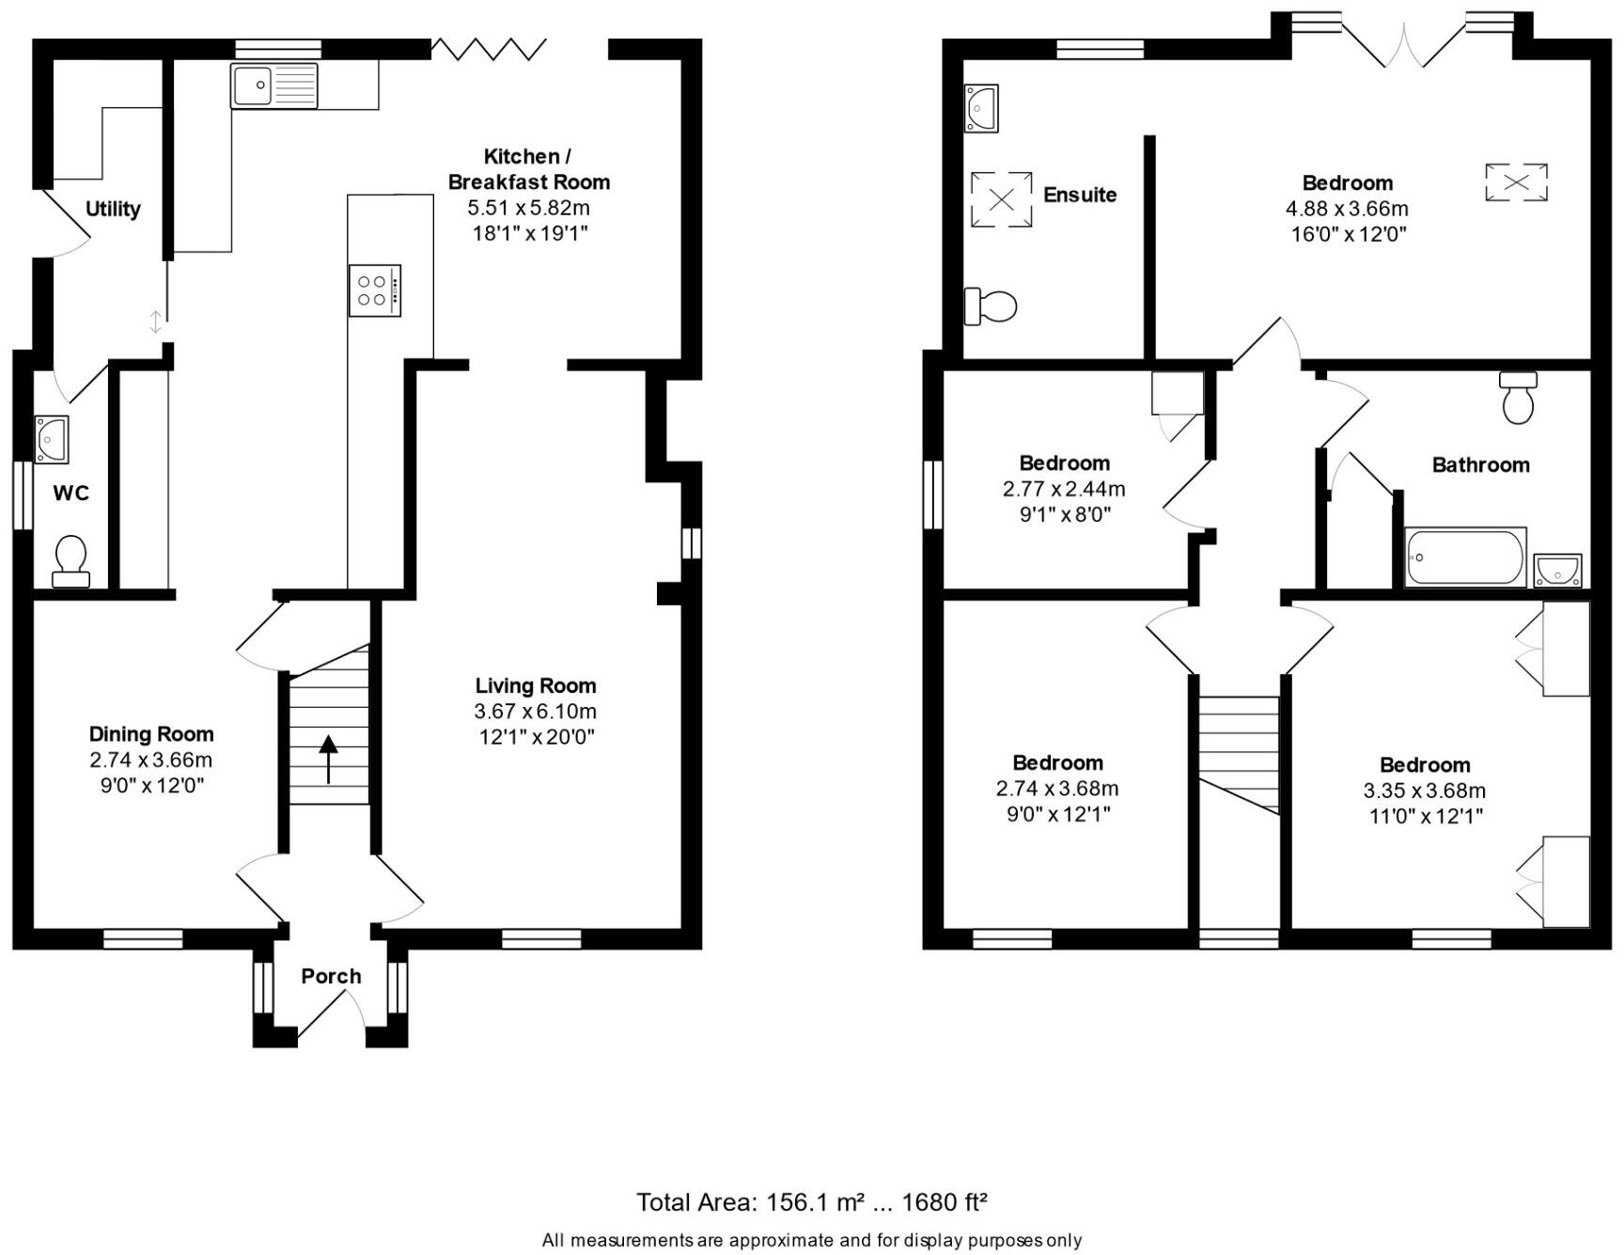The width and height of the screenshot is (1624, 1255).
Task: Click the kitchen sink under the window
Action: (274, 86)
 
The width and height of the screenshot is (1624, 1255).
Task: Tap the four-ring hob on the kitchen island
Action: (374, 290)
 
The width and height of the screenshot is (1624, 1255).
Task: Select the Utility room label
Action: (113, 209)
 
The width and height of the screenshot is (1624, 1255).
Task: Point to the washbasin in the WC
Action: (52, 439)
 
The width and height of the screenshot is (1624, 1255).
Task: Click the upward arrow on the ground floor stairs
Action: (328, 759)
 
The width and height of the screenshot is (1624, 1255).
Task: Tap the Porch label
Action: (331, 976)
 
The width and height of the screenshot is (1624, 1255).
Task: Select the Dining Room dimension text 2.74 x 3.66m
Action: (151, 760)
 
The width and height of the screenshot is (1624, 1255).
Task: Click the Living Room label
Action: (535, 686)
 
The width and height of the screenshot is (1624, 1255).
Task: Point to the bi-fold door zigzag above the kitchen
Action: (489, 48)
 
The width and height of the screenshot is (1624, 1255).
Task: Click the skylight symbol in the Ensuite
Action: (1001, 199)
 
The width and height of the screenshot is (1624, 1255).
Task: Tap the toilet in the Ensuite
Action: (992, 306)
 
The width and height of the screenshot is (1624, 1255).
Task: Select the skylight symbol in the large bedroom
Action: (1516, 182)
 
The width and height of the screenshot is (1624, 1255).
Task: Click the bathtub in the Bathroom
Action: (1464, 557)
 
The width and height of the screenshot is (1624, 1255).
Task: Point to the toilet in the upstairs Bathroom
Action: (1519, 399)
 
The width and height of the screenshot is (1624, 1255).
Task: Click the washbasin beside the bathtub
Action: (1557, 570)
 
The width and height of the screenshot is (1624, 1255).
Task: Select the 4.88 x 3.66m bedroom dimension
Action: (1347, 209)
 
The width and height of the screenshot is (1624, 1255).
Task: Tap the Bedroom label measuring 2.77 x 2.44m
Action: (1064, 463)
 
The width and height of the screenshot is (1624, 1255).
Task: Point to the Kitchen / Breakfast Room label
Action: (528, 169)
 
